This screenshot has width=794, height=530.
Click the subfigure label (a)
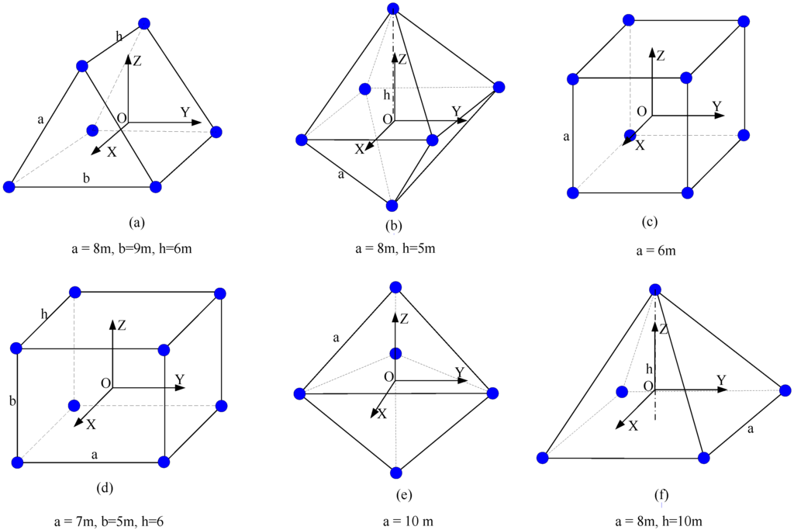tap(137, 223)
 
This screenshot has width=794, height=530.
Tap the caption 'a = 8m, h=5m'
tap(389, 249)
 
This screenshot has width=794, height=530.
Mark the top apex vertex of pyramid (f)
tap(656, 289)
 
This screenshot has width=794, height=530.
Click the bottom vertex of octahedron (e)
tap(396, 472)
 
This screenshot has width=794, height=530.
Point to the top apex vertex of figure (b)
tap(393, 9)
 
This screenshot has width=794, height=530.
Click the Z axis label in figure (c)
tap(661, 56)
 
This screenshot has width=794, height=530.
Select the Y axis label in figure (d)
tap(180, 379)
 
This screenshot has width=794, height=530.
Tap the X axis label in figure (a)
tap(112, 152)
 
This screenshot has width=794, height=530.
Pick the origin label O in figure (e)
tap(388, 376)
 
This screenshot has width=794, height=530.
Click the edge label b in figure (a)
tap(86, 178)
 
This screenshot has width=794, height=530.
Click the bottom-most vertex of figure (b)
tap(392, 206)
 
